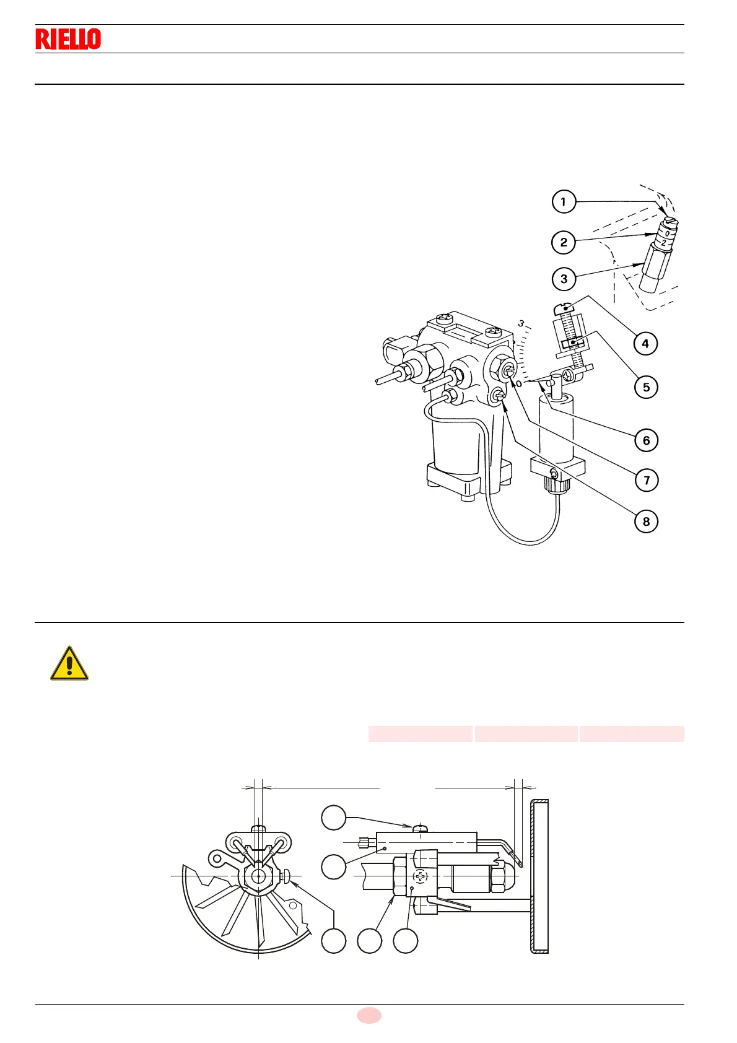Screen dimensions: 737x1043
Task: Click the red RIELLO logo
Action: [68, 39]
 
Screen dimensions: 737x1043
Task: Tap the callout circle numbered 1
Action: [564, 202]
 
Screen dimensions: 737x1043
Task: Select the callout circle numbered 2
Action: [564, 242]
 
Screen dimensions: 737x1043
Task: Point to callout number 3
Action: [564, 279]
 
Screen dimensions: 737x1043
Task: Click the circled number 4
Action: [645, 344]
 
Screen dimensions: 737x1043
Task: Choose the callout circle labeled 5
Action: [646, 387]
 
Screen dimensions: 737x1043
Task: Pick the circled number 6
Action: [646, 440]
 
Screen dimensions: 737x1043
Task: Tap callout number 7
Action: [647, 480]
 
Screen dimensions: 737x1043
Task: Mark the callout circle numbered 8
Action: [646, 521]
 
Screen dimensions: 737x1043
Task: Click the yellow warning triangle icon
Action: [69, 664]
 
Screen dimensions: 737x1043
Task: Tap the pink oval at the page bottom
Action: [369, 1015]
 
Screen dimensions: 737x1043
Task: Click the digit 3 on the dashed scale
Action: [521, 323]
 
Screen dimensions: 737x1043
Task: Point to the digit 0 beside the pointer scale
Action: [519, 383]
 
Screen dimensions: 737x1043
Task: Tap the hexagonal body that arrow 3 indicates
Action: [652, 263]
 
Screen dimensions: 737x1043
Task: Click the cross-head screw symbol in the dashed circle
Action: [421, 876]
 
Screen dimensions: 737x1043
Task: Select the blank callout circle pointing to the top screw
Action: [334, 818]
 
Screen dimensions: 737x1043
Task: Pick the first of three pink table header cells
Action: [421, 734]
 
